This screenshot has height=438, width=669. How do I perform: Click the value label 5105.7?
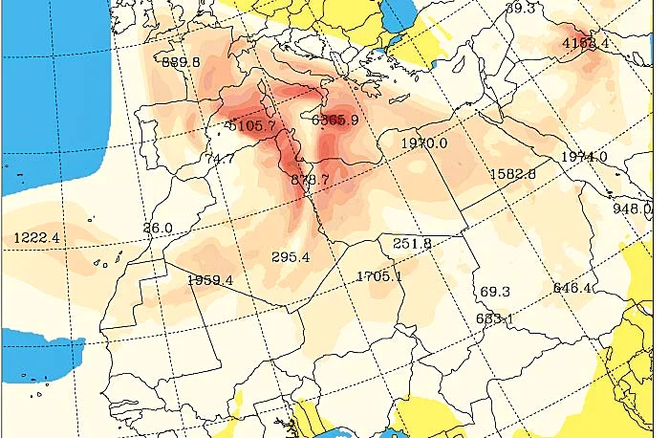[249, 125]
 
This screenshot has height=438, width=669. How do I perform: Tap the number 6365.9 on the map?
[335, 120]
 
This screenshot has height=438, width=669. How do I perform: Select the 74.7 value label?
[219, 159]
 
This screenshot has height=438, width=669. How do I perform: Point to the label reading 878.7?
[309, 180]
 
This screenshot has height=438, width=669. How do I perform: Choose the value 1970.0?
[424, 142]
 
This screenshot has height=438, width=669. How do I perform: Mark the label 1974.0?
[584, 157]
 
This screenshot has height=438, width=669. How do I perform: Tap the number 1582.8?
[512, 174]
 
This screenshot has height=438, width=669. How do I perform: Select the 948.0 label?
[632, 208]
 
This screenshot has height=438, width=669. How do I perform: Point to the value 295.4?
[291, 257]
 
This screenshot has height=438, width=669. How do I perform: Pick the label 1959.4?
[210, 280]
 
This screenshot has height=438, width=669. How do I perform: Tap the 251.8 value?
[413, 244]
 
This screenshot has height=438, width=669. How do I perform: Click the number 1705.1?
[378, 276]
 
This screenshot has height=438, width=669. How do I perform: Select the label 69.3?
[495, 291]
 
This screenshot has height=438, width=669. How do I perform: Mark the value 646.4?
[572, 287]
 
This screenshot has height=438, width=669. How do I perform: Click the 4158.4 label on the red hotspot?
[586, 43]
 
